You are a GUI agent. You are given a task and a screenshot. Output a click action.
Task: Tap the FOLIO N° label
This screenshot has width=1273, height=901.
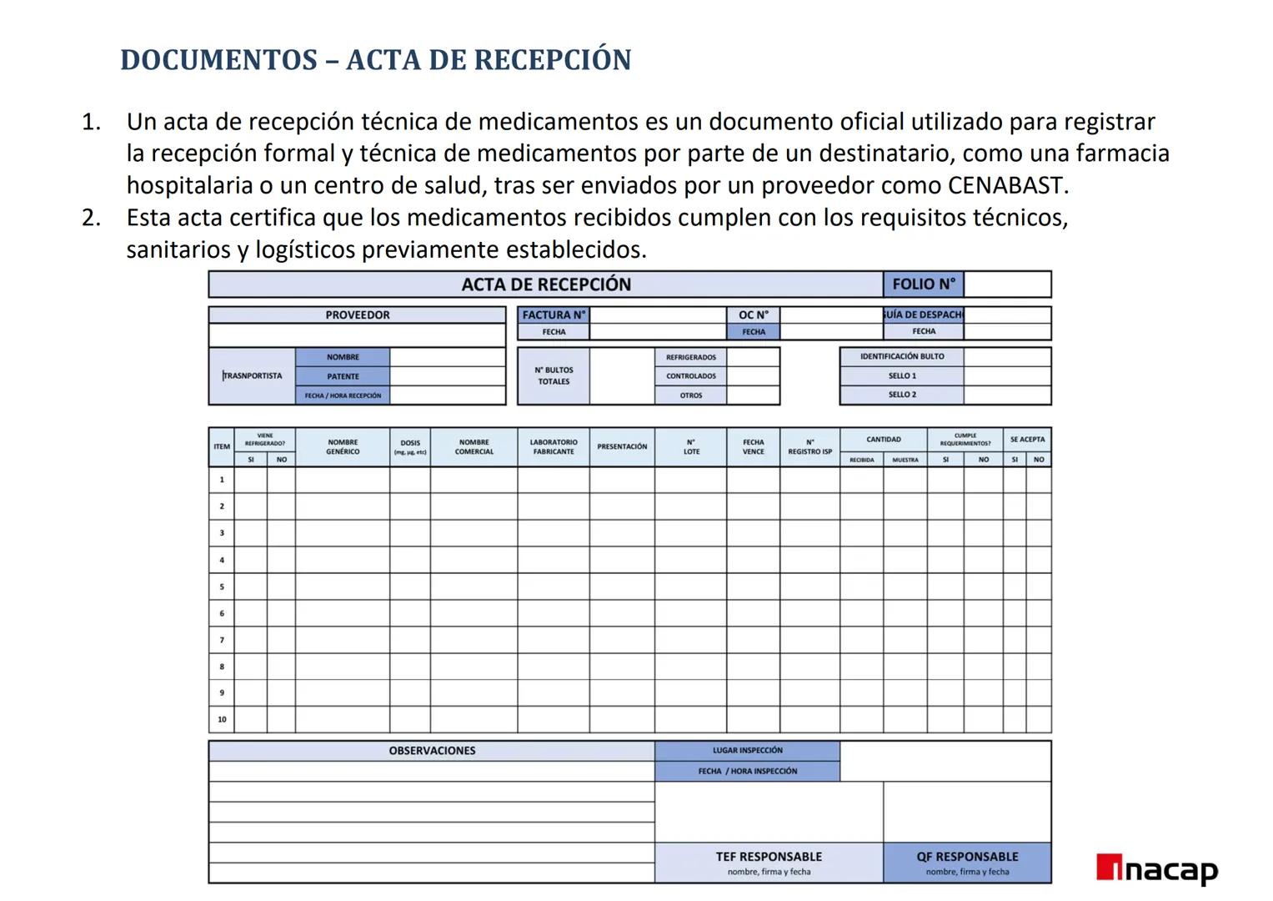click(924, 284)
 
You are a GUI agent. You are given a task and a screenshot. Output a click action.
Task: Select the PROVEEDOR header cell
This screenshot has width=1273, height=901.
click(357, 315)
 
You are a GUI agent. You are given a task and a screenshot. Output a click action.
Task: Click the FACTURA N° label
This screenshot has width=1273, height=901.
click(554, 315)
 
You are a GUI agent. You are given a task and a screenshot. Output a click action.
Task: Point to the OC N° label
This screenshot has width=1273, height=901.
click(754, 315)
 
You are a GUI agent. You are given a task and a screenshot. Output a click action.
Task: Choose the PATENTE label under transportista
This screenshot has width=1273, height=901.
click(343, 376)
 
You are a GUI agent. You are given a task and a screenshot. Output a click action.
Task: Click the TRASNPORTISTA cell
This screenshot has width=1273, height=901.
click(252, 376)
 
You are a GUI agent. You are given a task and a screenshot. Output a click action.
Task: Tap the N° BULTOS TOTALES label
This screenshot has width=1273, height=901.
click(554, 376)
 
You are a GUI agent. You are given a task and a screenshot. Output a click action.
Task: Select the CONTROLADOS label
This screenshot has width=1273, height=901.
click(690, 376)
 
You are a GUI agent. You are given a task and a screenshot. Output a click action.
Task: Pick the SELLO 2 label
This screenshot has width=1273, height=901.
click(902, 395)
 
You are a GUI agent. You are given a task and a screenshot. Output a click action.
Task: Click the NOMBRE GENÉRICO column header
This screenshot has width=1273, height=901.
click(343, 447)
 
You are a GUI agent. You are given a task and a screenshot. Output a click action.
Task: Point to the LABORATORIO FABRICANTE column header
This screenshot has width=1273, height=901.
click(554, 447)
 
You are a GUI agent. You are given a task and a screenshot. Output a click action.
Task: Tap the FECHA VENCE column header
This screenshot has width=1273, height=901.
click(754, 447)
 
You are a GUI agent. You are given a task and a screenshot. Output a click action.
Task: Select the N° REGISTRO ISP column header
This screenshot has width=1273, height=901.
click(809, 447)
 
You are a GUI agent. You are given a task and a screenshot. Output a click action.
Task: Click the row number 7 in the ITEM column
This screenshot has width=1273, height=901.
click(222, 640)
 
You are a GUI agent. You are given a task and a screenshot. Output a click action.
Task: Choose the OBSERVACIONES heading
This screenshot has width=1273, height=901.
click(432, 751)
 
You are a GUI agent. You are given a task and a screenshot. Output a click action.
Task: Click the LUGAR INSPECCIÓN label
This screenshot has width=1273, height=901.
click(747, 751)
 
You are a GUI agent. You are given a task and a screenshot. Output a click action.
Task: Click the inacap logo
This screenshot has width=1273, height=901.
click(1157, 869)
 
